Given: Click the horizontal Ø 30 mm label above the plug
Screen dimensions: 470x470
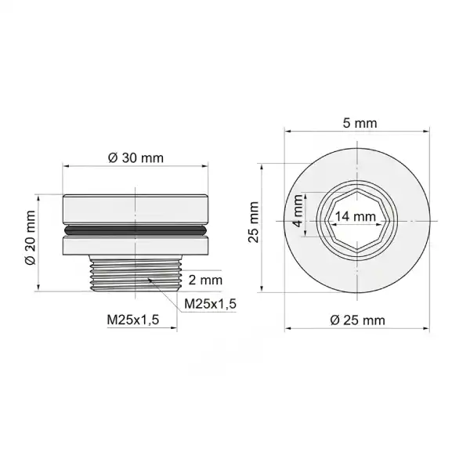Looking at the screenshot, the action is pyautogui.click(x=136, y=158).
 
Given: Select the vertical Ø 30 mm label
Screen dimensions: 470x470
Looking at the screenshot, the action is pyautogui.click(x=31, y=237).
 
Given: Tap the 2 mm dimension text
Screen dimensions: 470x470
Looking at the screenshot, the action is pyautogui.click(x=205, y=280).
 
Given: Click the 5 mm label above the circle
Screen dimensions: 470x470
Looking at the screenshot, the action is pyautogui.click(x=360, y=123).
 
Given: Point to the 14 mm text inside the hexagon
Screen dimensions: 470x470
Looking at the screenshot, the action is pyautogui.click(x=355, y=216).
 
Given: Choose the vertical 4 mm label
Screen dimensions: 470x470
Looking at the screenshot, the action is pyautogui.click(x=298, y=211).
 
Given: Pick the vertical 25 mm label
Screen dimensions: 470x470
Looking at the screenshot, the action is pyautogui.click(x=254, y=222).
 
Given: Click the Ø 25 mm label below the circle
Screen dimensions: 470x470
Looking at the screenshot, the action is pyautogui.click(x=358, y=320).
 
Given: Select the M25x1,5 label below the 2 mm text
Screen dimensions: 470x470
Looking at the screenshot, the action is pyautogui.click(x=210, y=304).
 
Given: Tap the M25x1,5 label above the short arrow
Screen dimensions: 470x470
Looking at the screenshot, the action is pyautogui.click(x=133, y=320).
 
